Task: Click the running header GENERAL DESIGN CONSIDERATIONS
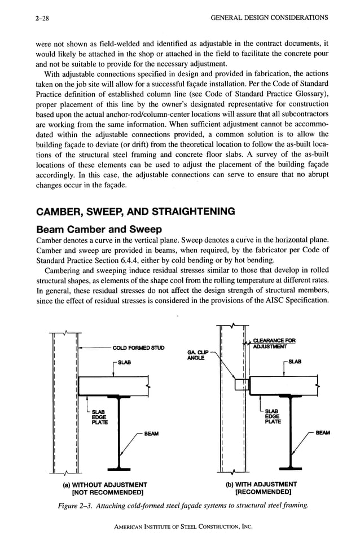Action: tap(269, 18)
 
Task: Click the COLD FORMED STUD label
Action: tap(138, 348)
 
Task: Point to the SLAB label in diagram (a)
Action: tap(122, 362)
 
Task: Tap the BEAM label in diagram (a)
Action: tap(151, 433)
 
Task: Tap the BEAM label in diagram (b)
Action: tap(322, 433)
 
